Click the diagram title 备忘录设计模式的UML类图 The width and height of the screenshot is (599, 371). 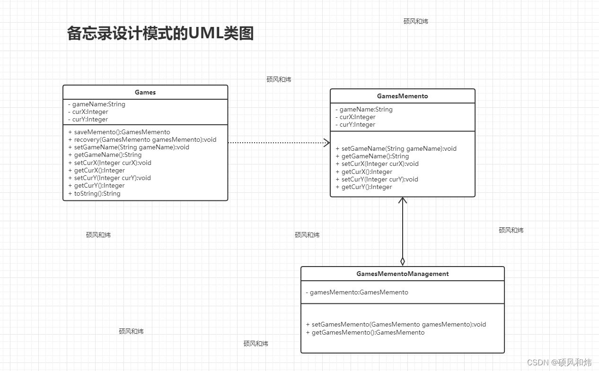click(x=160, y=34)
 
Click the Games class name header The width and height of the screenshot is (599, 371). click(x=145, y=92)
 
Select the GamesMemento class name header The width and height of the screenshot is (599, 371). click(x=402, y=96)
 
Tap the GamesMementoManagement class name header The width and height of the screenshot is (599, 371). click(x=402, y=274)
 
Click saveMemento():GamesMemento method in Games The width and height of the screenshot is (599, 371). click(x=119, y=132)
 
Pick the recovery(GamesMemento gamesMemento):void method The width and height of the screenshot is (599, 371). click(x=142, y=139)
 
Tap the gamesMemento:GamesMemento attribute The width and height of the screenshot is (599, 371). click(x=357, y=292)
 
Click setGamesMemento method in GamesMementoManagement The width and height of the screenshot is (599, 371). click(x=396, y=324)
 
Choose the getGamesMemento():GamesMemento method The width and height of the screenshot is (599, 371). click(x=365, y=332)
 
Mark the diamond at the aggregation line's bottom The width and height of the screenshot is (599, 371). click(x=403, y=261)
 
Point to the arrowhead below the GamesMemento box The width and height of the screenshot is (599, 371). click(x=403, y=200)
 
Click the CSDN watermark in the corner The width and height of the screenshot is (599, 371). click(x=559, y=362)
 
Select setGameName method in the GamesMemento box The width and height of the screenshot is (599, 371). click(x=396, y=148)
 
